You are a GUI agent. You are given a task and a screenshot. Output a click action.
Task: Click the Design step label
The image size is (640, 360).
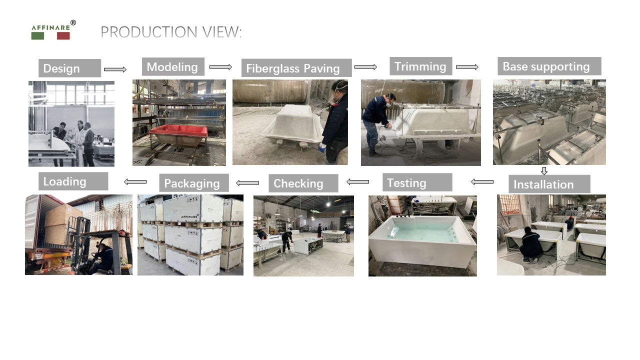coord(69,68)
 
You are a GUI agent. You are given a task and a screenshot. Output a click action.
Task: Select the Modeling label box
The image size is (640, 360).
coord(173,66)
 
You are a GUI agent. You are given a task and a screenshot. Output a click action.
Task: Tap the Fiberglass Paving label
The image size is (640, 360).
coord(296,68)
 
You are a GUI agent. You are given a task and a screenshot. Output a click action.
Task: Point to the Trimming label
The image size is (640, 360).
coord(421,66)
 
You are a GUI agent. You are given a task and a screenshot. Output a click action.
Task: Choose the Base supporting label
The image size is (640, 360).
coord(549,66)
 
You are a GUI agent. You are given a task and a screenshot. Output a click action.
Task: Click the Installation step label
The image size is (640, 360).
coord(549,184)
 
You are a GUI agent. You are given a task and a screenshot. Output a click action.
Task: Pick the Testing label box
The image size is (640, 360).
coord(417,182)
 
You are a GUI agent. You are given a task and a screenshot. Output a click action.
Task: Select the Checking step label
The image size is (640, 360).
coord(303,183)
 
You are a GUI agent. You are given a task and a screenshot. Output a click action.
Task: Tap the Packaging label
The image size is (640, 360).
coord(194,183)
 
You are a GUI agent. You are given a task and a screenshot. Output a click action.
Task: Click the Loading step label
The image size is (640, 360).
coord(73,181)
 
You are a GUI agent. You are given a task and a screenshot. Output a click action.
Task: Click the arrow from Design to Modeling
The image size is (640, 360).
coord(115,69)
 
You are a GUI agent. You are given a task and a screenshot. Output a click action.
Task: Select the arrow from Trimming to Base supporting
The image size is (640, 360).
coord(467,67)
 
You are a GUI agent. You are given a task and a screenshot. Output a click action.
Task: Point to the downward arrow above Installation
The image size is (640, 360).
coord(544,171)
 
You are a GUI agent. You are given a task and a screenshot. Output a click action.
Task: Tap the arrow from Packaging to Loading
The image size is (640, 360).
coord(135,181)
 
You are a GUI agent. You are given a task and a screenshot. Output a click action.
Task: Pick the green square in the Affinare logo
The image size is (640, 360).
coord(37,35)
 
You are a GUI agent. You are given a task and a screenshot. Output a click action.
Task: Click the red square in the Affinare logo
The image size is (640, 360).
coord(63,35)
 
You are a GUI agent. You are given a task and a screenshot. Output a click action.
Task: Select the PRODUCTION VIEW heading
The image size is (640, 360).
coord(171,31)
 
